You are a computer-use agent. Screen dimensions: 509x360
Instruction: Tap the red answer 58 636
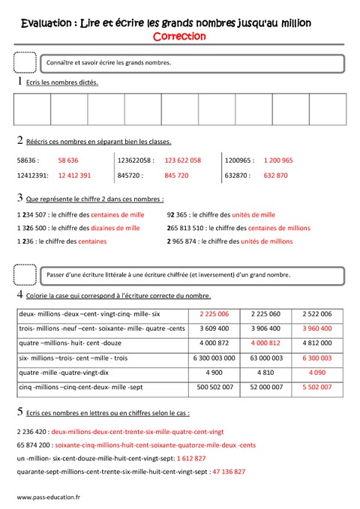[68, 160]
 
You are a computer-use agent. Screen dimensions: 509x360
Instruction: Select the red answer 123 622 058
[182, 160]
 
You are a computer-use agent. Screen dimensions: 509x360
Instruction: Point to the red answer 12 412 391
[74, 175]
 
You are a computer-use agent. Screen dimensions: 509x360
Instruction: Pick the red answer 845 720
[176, 175]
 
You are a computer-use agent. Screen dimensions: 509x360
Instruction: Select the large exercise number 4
[19, 295]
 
